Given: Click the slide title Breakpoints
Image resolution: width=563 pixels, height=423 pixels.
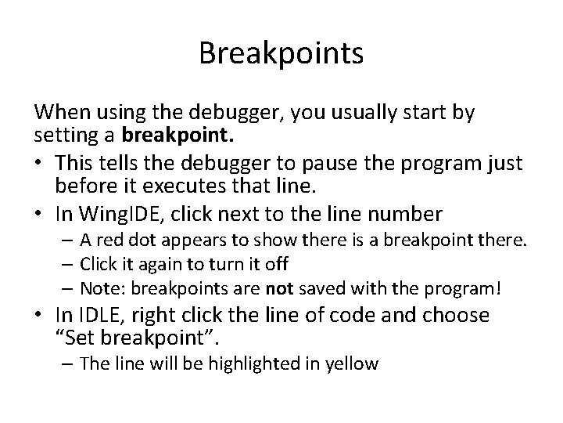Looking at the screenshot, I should coord(281,53).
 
